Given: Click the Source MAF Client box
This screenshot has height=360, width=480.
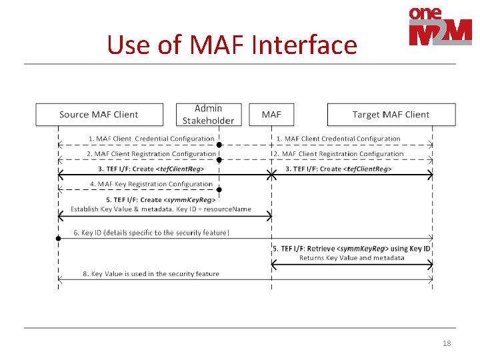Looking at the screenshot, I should [x=99, y=115].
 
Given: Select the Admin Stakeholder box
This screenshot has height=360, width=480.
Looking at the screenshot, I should [x=208, y=115].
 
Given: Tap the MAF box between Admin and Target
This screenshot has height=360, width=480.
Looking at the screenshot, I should [x=271, y=115].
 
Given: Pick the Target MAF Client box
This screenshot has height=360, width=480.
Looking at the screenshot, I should [x=391, y=115].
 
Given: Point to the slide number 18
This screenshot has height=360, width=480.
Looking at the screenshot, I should [x=447, y=343].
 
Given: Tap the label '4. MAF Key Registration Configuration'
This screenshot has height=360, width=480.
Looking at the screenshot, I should [x=151, y=184].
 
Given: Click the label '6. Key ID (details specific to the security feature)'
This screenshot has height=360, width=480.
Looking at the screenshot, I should [x=151, y=233].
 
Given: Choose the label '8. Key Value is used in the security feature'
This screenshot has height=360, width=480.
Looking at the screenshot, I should [x=151, y=274].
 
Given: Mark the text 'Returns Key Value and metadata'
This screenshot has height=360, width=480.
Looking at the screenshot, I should [x=351, y=258].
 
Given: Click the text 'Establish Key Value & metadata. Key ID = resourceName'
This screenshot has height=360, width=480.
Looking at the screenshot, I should [x=161, y=209].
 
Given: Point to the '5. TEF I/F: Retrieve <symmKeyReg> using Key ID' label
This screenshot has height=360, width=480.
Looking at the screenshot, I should [x=351, y=249].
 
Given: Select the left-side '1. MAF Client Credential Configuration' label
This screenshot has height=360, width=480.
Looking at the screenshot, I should [x=151, y=139].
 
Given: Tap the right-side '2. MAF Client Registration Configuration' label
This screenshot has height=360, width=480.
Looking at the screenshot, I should [x=338, y=154].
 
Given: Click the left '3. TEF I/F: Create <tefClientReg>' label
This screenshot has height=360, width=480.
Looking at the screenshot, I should [x=151, y=169].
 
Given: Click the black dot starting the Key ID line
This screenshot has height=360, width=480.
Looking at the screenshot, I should [x=59, y=238].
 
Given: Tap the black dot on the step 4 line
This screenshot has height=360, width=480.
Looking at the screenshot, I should [x=219, y=190].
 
